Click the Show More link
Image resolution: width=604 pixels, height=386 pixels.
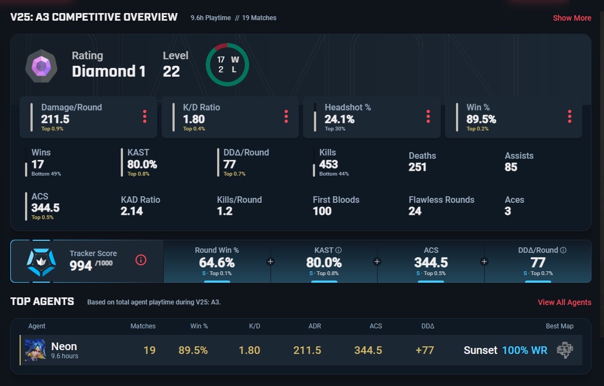click(x=572, y=18)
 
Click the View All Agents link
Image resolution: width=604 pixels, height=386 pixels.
click(x=564, y=302)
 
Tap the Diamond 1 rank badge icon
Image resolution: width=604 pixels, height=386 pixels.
click(x=41, y=66)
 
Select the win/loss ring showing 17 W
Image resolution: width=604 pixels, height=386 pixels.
click(x=227, y=64)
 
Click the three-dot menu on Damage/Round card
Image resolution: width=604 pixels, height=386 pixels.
click(x=145, y=116)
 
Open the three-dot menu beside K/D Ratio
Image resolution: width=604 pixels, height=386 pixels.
click(x=286, y=116)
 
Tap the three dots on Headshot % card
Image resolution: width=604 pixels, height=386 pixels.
click(x=428, y=116)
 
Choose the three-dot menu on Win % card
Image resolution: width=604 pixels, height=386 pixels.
click(x=570, y=116)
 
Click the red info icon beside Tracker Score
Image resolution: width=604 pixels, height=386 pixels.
click(x=141, y=260)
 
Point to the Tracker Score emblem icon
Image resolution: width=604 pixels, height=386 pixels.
click(x=41, y=261)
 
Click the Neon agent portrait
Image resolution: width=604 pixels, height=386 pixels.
click(x=35, y=350)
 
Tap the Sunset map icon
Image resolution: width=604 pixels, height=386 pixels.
click(x=565, y=350)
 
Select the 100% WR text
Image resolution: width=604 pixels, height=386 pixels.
click(x=525, y=350)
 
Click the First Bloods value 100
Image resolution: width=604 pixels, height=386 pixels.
click(x=322, y=211)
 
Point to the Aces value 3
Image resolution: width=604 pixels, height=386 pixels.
click(x=508, y=211)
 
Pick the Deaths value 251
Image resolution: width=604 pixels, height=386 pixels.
click(x=417, y=167)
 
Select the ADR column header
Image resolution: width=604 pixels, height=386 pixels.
click(x=315, y=326)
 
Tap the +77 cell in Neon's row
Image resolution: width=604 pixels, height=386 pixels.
click(x=424, y=350)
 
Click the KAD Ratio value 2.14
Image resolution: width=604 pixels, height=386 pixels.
click(x=132, y=211)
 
